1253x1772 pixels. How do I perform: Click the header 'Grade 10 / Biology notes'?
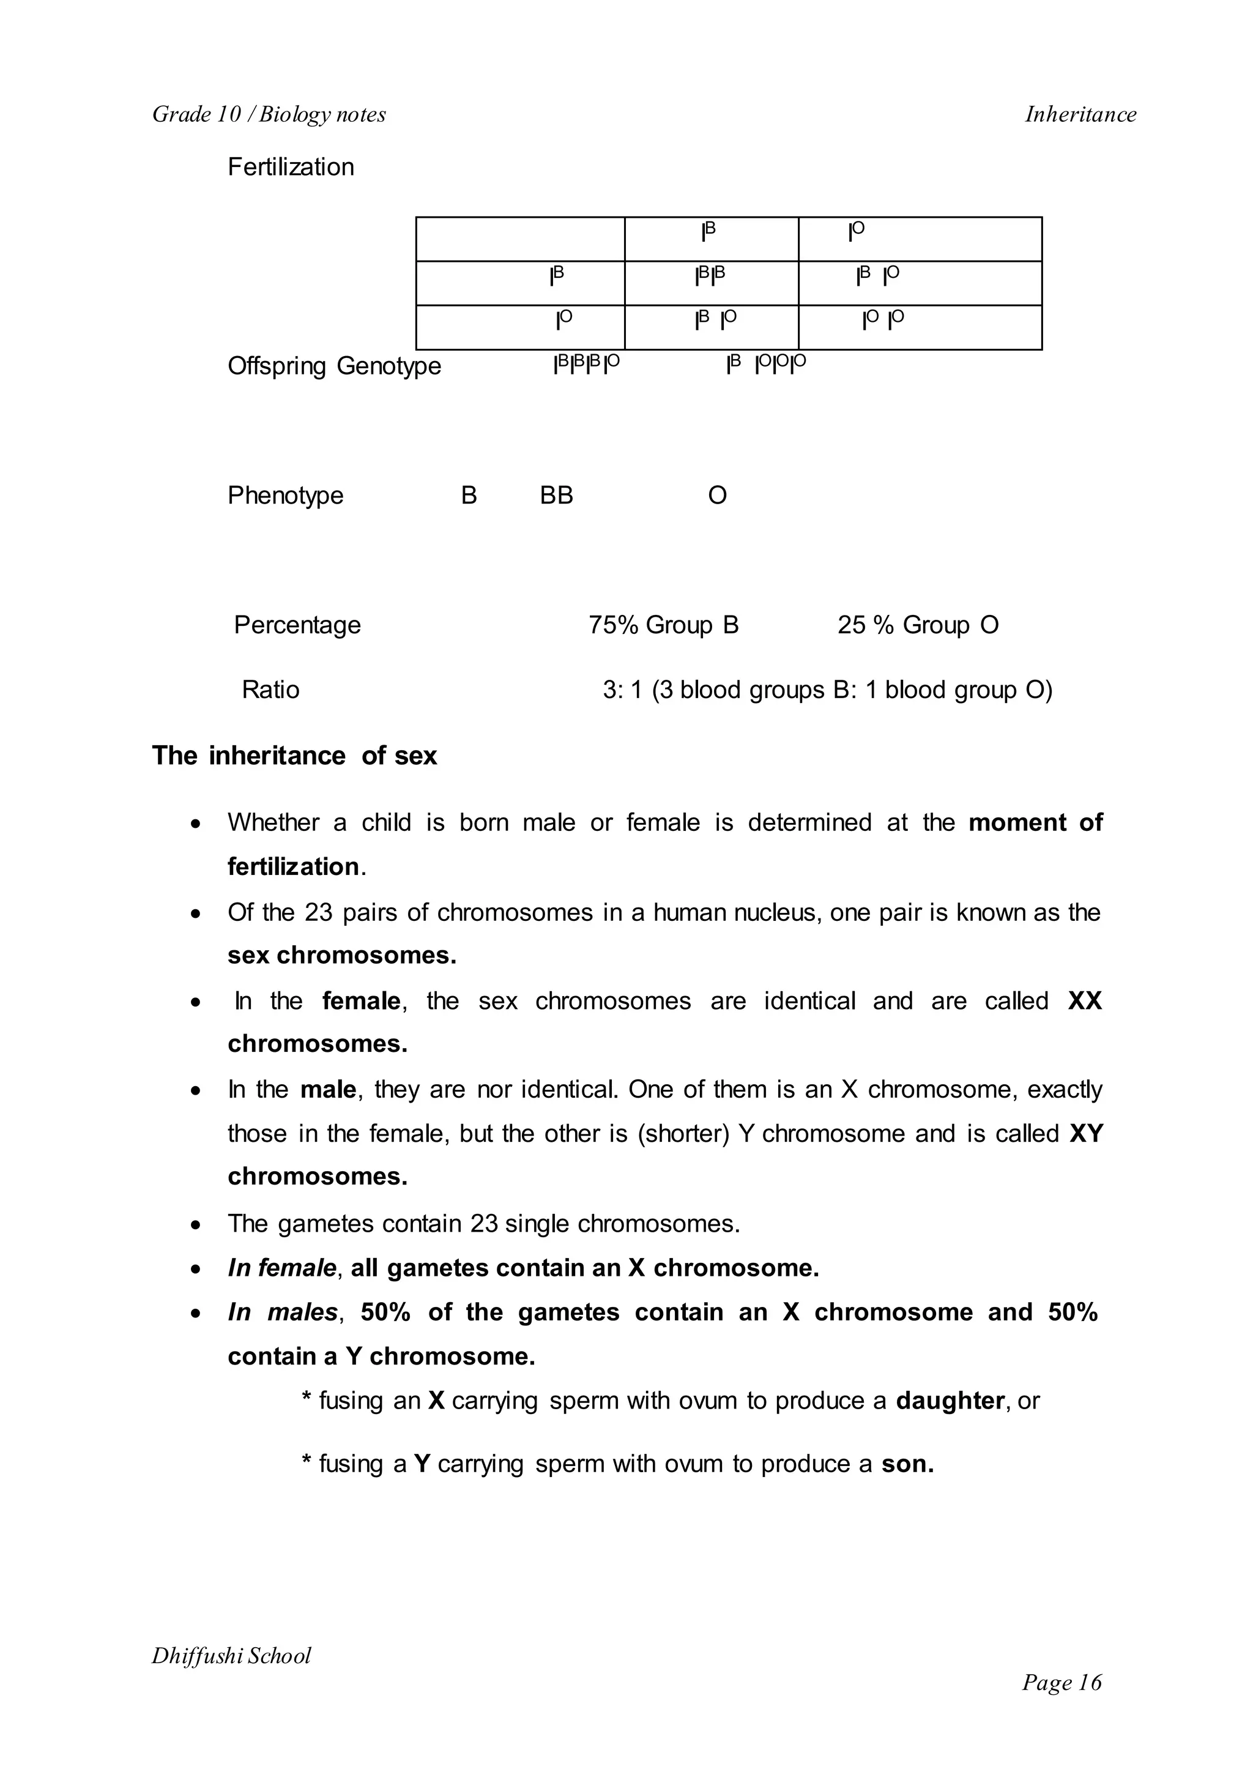[x=269, y=114]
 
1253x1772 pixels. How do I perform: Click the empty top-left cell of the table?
[x=520, y=239]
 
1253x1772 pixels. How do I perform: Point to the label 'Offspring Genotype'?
[x=334, y=366]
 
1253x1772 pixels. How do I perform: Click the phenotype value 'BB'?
[x=556, y=496]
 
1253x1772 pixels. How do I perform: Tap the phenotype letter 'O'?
[x=717, y=496]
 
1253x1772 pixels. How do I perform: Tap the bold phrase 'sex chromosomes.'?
[x=342, y=956]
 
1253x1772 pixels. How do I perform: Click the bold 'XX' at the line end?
[x=1084, y=1001]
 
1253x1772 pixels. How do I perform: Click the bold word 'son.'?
[x=907, y=1464]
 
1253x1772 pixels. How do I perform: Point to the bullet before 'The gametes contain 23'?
[x=197, y=1226]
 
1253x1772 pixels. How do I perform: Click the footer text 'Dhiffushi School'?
[x=231, y=1656]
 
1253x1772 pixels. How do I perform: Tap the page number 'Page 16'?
[x=1062, y=1683]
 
